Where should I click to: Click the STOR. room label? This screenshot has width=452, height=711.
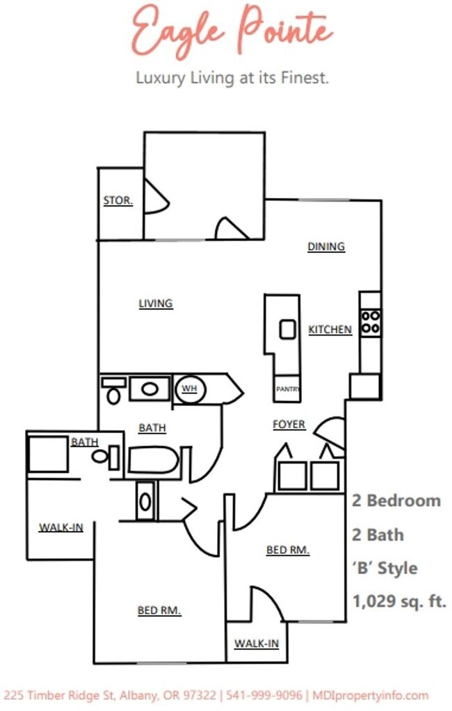tap(118, 200)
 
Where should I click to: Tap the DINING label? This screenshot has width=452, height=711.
tap(326, 247)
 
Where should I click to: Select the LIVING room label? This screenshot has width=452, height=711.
tap(156, 303)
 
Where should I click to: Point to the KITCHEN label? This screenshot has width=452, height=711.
tap(330, 329)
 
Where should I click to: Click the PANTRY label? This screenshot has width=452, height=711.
tap(287, 389)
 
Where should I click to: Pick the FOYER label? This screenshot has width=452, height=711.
tap(289, 424)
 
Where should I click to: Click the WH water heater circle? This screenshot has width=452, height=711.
tap(189, 389)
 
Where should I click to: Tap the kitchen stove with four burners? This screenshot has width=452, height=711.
tap(370, 322)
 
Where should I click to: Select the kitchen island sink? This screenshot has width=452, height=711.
tap(287, 329)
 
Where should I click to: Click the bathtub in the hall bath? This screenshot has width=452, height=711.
tap(154, 460)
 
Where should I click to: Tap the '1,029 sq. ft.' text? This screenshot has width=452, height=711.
tap(399, 600)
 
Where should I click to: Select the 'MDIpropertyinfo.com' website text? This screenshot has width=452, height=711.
tap(370, 695)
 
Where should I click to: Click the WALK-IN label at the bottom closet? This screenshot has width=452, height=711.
tap(256, 644)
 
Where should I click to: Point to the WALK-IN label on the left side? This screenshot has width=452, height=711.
tap(60, 528)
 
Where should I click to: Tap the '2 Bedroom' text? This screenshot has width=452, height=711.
tap(396, 500)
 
